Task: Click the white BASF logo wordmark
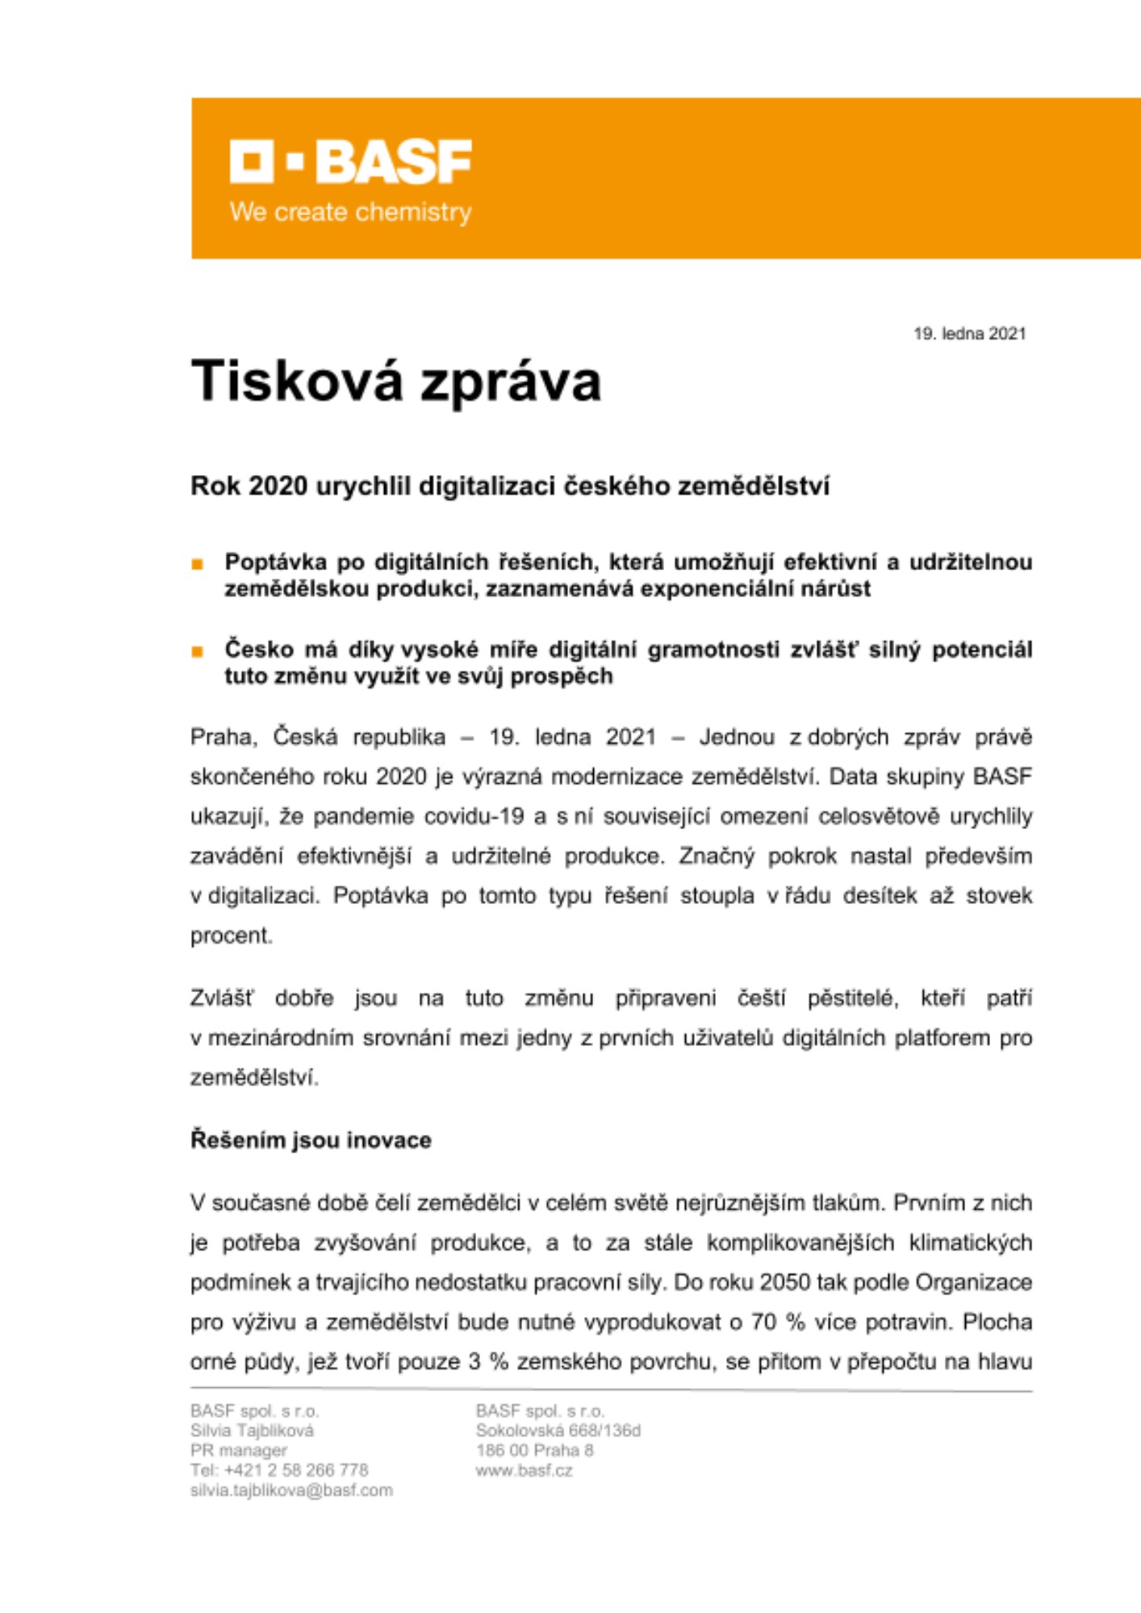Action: pos(351,161)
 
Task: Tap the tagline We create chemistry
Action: pos(350,212)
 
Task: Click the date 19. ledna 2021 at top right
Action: pos(969,334)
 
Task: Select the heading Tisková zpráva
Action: pos(395,381)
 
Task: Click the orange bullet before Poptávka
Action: pos(198,565)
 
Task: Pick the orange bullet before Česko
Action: pos(198,652)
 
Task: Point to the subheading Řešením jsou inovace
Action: pos(311,1140)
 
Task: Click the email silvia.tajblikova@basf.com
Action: pos(291,1490)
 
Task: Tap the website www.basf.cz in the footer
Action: pos(524,1470)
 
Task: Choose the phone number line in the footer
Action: pos(279,1470)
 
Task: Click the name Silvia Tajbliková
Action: pos(252,1431)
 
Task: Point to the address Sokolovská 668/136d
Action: pos(558,1431)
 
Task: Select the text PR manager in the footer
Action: pos(238,1450)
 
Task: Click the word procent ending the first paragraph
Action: pos(231,936)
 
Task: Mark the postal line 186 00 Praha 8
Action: pos(534,1450)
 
